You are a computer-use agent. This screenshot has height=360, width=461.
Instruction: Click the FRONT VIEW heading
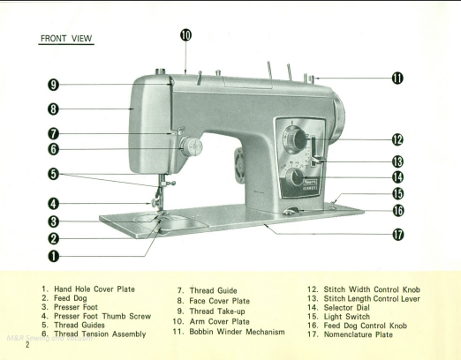[67, 40]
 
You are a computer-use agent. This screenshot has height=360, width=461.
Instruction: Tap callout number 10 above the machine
[185, 35]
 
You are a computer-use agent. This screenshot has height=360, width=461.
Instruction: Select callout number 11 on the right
[398, 78]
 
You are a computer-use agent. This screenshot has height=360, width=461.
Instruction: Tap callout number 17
[398, 235]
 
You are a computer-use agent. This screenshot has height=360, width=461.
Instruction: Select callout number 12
[398, 139]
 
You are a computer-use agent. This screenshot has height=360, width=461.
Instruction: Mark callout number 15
[398, 193]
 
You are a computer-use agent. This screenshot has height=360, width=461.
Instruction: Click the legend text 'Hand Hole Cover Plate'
[94, 289]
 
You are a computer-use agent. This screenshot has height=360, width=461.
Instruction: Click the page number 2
[27, 344]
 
